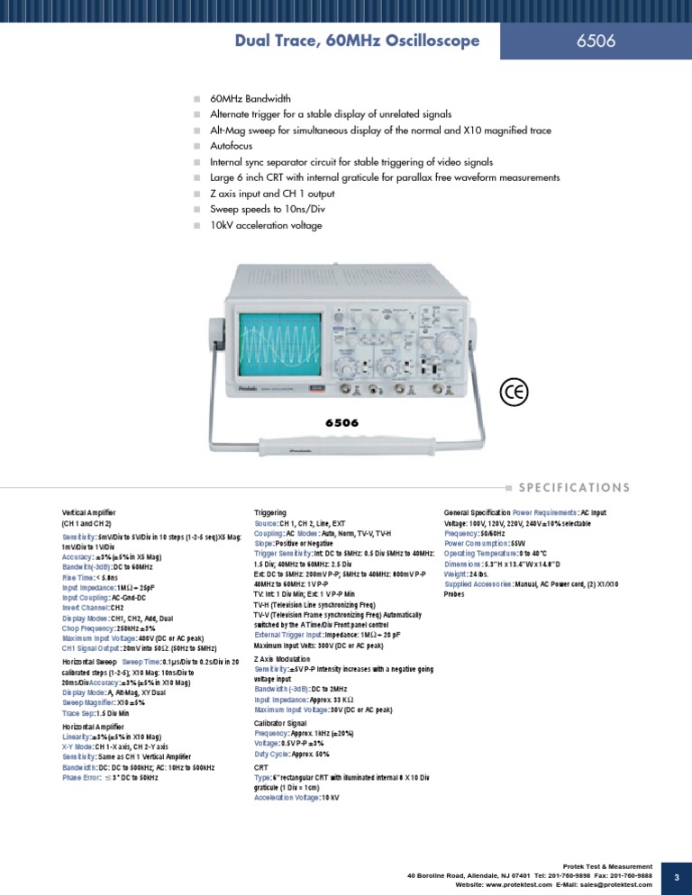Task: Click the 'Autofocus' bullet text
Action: click(232, 144)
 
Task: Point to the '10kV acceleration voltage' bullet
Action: click(265, 225)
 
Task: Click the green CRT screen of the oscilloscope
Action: click(280, 344)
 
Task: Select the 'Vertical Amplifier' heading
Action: click(89, 511)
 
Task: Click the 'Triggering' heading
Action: click(270, 511)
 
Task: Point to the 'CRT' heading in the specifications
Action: click(261, 766)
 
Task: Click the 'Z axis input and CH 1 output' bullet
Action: click(272, 193)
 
